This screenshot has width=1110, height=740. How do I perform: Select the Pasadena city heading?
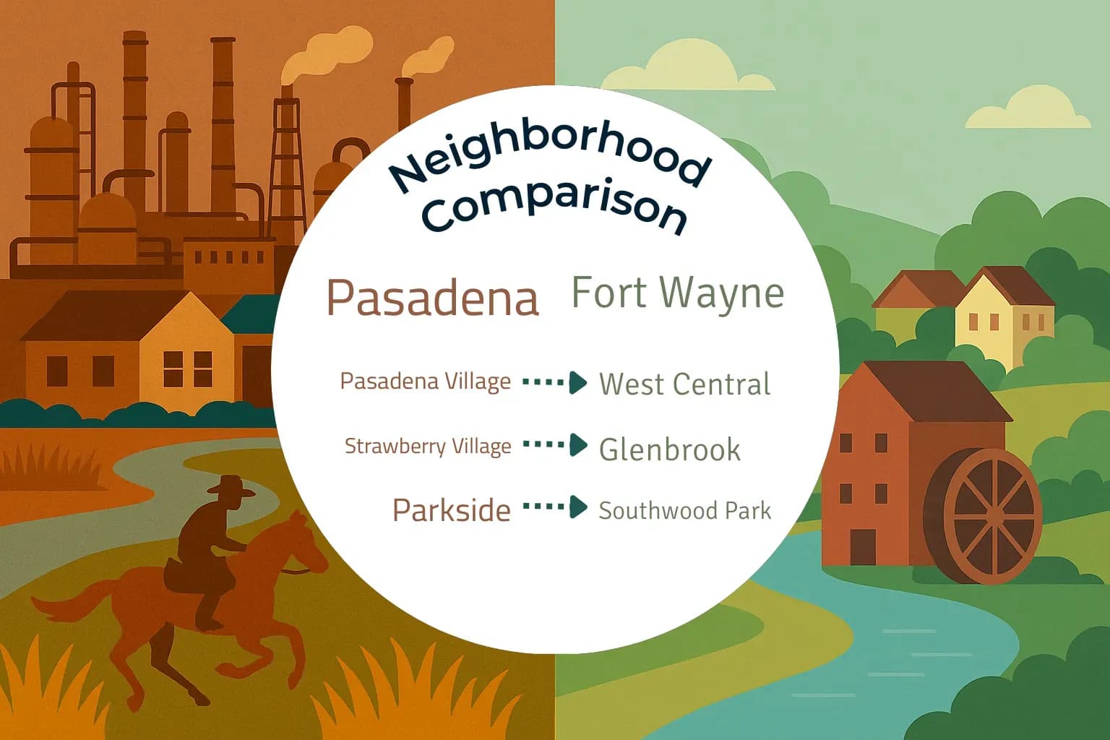tap(433, 297)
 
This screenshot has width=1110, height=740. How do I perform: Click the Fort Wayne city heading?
tap(677, 293)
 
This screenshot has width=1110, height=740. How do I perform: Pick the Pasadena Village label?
tap(425, 381)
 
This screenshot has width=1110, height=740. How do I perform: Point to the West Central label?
tap(684, 384)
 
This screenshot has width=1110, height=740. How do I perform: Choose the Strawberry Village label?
tap(428, 446)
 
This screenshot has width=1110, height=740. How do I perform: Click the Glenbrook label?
tap(669, 449)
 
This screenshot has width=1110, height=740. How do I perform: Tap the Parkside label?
tap(451, 510)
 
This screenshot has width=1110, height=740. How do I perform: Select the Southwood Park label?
tap(684, 510)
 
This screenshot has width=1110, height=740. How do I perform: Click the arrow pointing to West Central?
tap(555, 382)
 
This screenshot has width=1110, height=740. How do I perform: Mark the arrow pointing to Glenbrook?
tap(555, 445)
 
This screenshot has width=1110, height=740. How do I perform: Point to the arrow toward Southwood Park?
tap(555, 507)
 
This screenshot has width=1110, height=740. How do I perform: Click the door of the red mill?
tap(863, 546)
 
